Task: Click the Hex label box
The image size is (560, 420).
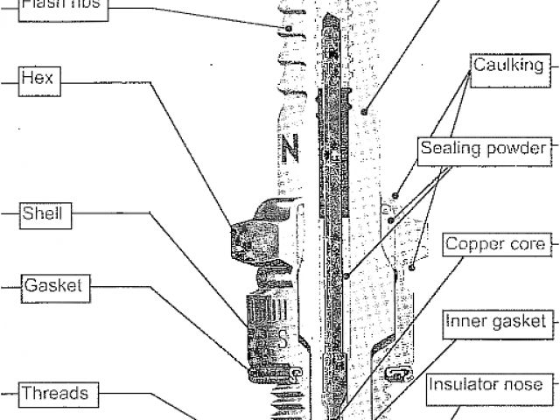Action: click(40, 79)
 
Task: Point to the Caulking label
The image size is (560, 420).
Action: click(507, 66)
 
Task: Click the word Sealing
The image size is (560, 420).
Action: click(450, 147)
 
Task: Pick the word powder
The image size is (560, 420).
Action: click(514, 147)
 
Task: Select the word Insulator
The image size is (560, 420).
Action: click(469, 384)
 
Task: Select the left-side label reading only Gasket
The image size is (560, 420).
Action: click(53, 285)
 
